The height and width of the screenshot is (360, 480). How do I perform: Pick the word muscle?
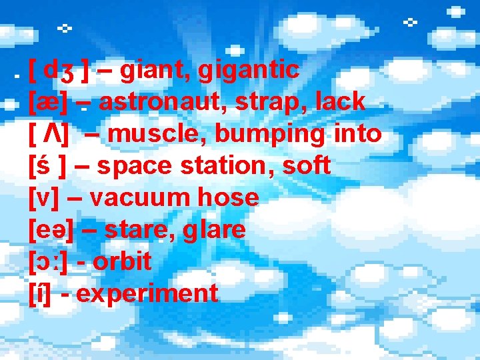click(156, 134)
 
